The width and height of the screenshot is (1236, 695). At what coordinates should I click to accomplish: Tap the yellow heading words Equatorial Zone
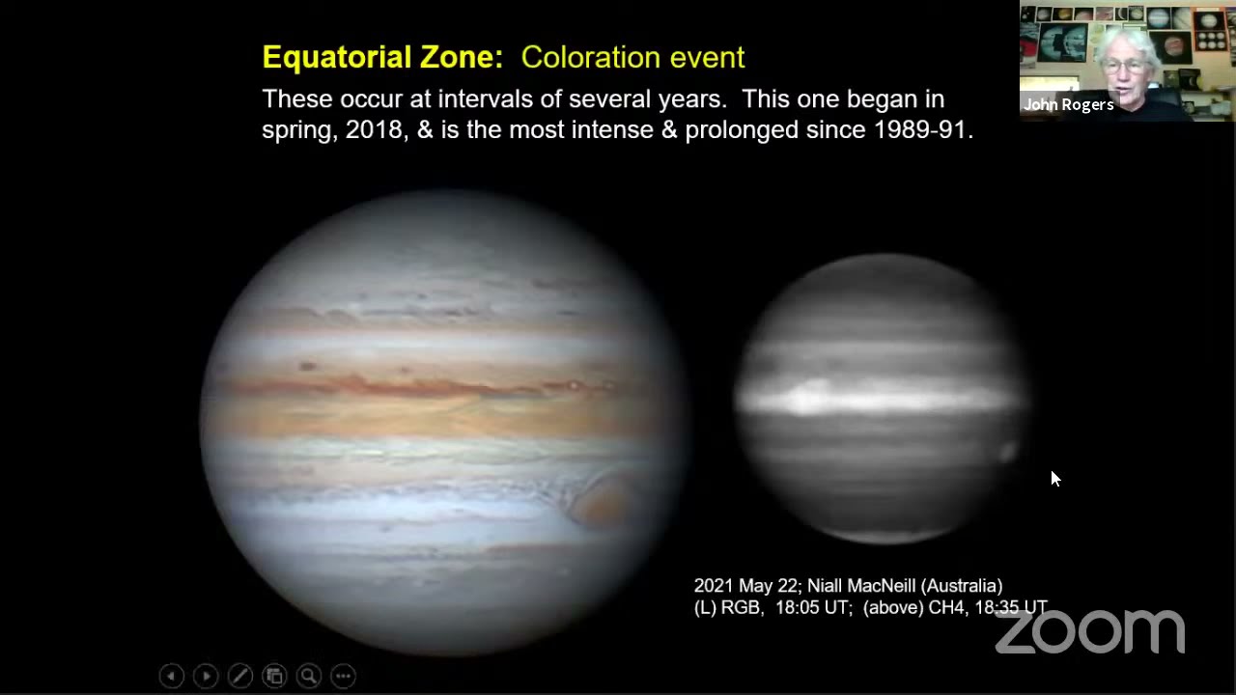click(382, 57)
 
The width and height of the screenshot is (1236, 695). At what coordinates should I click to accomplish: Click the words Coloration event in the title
click(632, 57)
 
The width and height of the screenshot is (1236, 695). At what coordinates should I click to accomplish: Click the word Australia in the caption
click(961, 586)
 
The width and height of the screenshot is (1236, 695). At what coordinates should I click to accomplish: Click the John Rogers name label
click(1069, 104)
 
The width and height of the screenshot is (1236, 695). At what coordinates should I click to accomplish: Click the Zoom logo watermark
click(1089, 631)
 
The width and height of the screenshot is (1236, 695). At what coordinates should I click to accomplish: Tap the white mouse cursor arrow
click(1054, 478)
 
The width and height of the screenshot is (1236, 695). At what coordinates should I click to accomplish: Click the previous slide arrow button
click(171, 676)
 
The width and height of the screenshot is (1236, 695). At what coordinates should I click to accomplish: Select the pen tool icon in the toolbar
click(239, 676)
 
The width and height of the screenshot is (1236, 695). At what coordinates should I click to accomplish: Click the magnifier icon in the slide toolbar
click(309, 676)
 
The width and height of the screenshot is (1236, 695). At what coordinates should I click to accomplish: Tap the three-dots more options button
click(343, 676)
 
